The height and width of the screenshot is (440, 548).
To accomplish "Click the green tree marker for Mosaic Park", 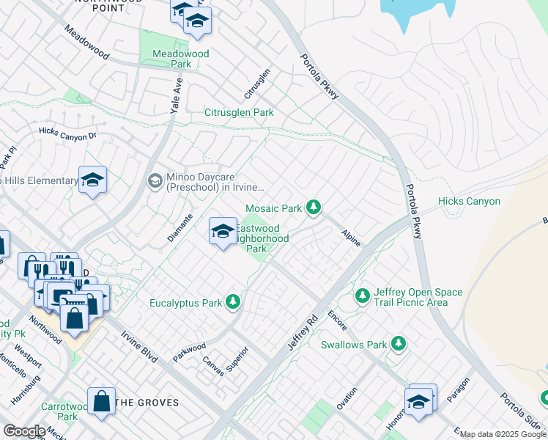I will click(x=314, y=208).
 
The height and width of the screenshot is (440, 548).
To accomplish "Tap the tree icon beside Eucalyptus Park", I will click(x=233, y=302).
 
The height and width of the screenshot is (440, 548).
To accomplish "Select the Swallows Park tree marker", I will click(x=398, y=344).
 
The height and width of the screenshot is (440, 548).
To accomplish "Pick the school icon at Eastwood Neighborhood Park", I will click(x=223, y=232).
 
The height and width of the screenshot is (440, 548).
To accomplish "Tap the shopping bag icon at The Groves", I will click(x=101, y=401).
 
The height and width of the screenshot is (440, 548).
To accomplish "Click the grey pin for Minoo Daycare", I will click(x=155, y=180).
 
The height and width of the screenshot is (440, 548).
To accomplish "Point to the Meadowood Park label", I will click(x=180, y=59).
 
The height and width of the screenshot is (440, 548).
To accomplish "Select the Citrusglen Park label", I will click(x=239, y=113).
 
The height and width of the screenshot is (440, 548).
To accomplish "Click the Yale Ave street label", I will click(x=176, y=95).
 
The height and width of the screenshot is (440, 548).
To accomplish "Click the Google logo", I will click(x=24, y=431).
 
